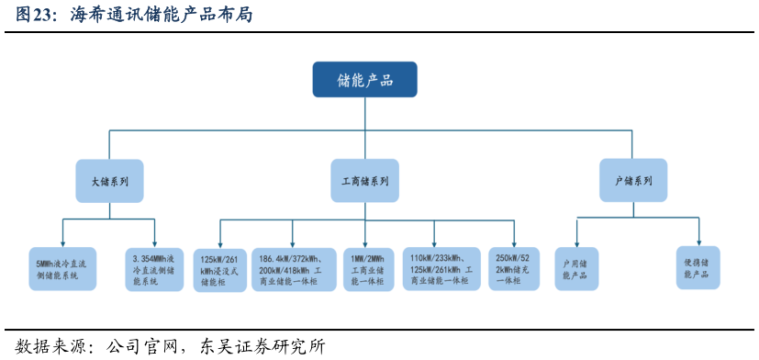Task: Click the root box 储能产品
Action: click(x=364, y=80)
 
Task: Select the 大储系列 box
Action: click(x=109, y=181)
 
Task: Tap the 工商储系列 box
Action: click(x=364, y=181)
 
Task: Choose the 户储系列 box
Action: click(x=632, y=181)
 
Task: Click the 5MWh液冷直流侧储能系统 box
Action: click(x=62, y=269)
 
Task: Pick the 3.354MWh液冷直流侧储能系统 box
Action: click(x=154, y=269)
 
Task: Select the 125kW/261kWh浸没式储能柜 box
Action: click(x=219, y=270)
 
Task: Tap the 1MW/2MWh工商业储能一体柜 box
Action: click(x=365, y=270)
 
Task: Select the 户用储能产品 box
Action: click(x=576, y=269)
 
